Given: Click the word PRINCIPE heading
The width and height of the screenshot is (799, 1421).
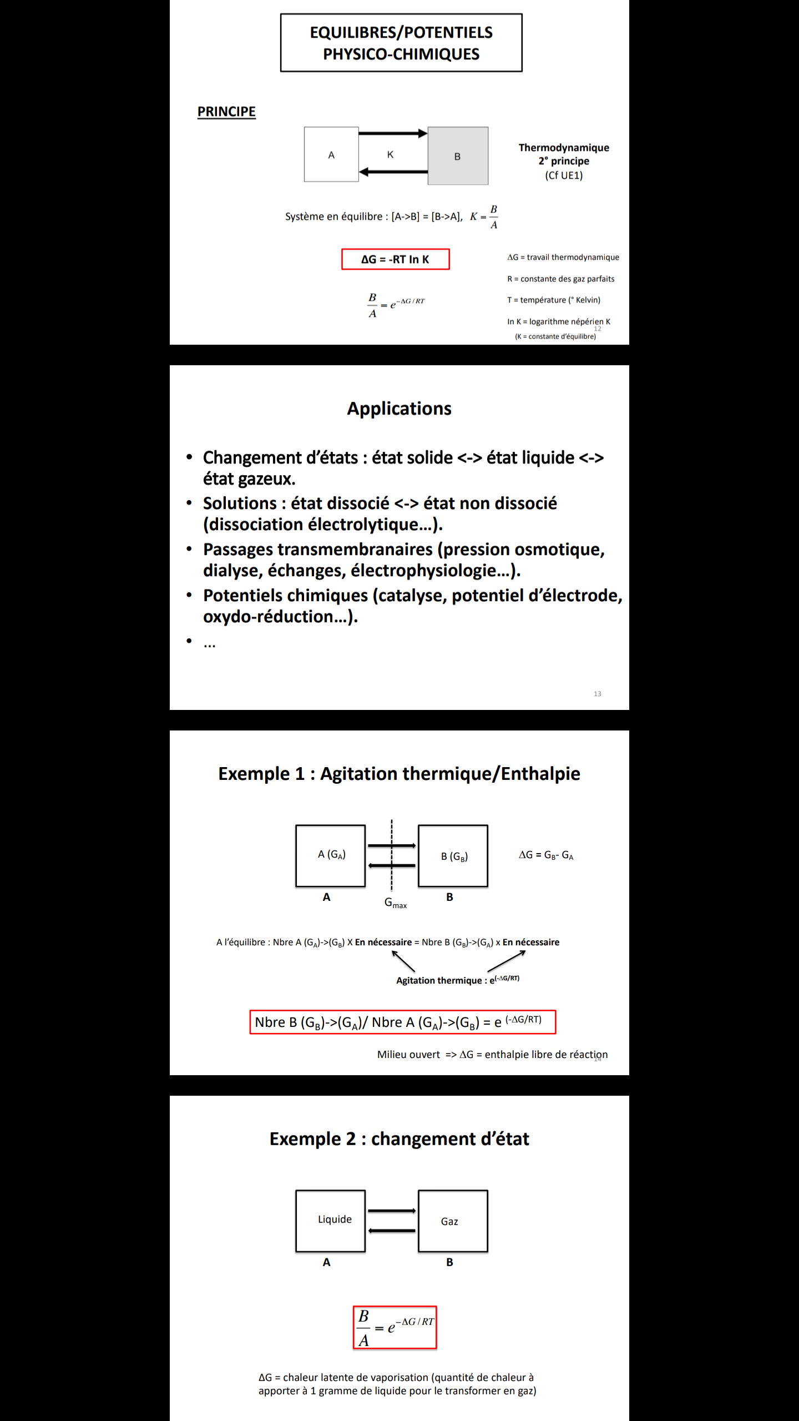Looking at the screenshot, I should click(226, 112).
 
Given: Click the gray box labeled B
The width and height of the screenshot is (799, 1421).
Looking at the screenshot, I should click(458, 156).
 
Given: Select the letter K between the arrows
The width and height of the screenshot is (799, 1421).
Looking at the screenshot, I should click(390, 154).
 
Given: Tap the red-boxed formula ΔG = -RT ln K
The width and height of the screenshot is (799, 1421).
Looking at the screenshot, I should click(395, 259).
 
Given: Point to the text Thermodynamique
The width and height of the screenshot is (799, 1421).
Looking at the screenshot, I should click(564, 148).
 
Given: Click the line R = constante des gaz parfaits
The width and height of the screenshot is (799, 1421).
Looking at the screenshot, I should click(560, 279).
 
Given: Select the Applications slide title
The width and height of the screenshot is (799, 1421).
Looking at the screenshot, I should click(399, 409).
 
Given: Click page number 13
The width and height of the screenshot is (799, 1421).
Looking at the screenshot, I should click(598, 694).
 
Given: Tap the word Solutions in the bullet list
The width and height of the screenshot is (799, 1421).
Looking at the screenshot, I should click(240, 503).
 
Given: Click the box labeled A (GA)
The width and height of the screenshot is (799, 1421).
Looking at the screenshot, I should click(331, 855).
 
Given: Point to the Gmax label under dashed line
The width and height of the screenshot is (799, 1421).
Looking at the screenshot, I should click(395, 903).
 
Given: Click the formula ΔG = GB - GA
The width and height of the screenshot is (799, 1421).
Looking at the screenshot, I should click(546, 855).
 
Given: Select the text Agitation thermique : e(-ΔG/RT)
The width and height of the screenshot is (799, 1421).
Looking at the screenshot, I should click(457, 980).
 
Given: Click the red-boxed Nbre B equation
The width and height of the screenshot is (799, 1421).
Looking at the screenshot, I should click(402, 1022).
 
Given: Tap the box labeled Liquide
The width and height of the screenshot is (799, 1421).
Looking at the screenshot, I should click(331, 1221).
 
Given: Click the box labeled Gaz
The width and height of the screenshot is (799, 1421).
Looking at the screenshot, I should click(453, 1221).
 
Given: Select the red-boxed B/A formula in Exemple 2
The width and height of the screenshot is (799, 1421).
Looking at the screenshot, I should click(395, 1328).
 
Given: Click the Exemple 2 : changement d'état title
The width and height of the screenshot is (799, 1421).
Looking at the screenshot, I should click(399, 1139).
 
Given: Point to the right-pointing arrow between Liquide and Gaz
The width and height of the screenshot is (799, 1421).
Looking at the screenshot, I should click(392, 1211).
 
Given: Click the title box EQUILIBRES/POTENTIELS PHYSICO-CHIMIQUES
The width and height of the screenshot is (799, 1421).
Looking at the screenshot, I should click(401, 43).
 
